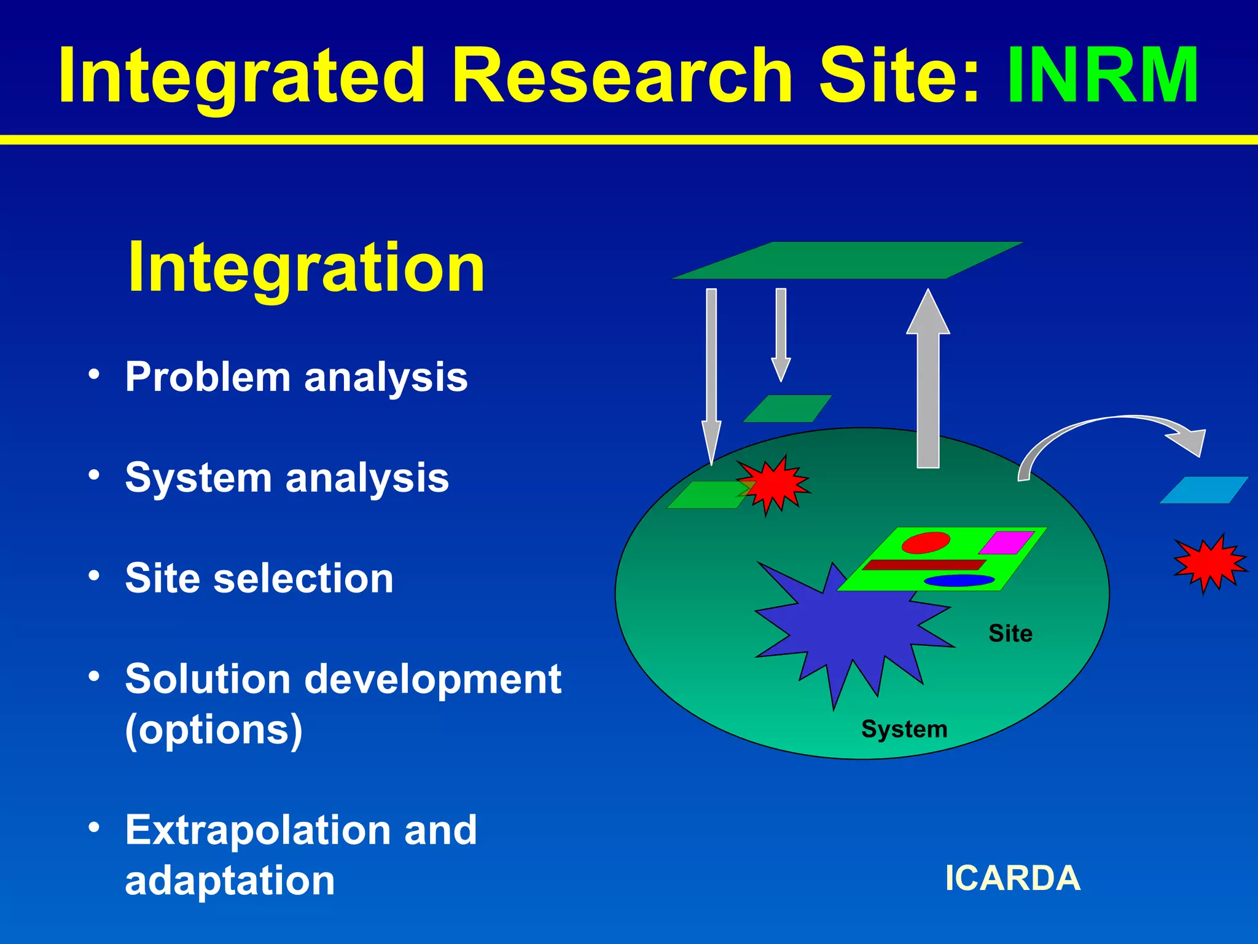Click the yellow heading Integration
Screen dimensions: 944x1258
[307, 268]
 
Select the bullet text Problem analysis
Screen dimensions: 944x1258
[296, 377]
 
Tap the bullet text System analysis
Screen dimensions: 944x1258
[287, 478]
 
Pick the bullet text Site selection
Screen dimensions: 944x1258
[259, 578]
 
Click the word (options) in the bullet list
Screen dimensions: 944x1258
[214, 730]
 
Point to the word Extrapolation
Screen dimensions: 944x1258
[258, 830]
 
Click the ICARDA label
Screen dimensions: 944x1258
[1012, 878]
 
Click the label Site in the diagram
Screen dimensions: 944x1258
[1010, 634]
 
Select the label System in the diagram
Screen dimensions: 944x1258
[904, 730]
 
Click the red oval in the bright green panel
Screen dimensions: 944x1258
[925, 543]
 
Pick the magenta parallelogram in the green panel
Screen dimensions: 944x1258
[1007, 542]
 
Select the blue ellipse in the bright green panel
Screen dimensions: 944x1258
[958, 580]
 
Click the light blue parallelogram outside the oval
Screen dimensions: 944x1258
[1203, 490]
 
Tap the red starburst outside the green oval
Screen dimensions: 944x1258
[1209, 563]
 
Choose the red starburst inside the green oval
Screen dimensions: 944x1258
[773, 485]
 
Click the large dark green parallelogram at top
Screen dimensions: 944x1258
[848, 260]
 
